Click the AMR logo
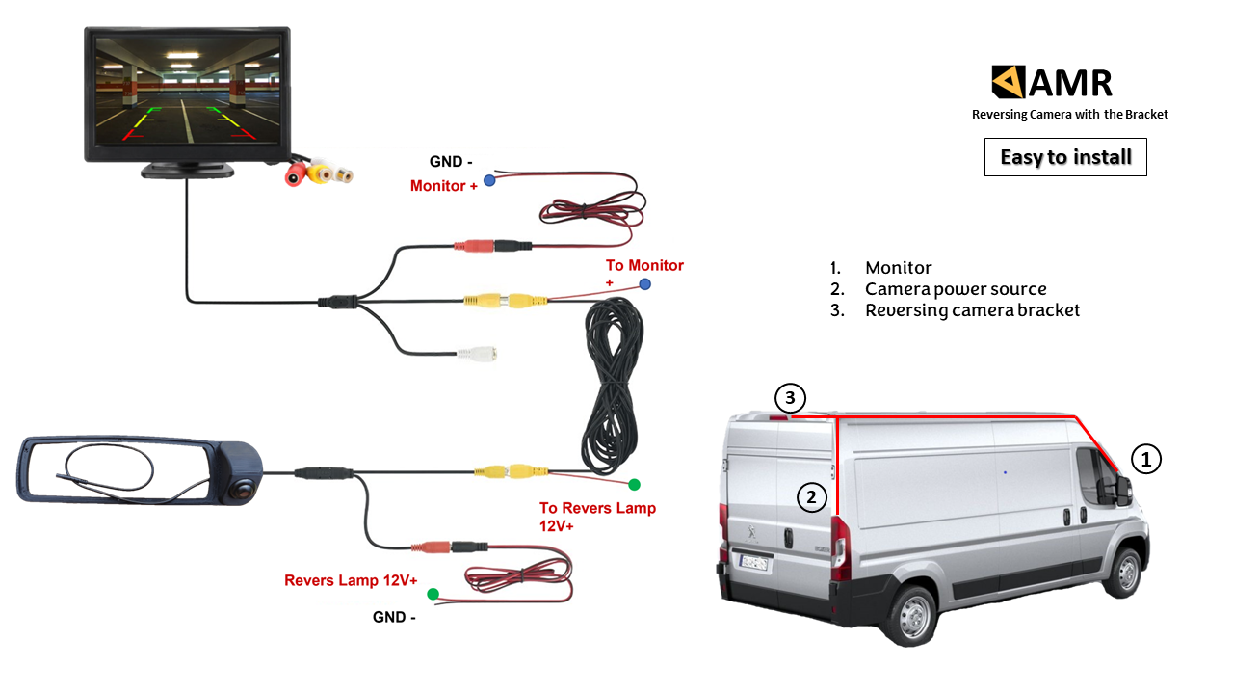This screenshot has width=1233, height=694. pyautogui.click(x=1052, y=82)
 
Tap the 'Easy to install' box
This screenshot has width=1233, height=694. pyautogui.click(x=1065, y=157)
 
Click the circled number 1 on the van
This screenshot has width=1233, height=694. pyautogui.click(x=1146, y=460)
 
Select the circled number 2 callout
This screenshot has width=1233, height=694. pyautogui.click(x=812, y=497)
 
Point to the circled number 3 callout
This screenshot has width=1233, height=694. pyautogui.click(x=790, y=397)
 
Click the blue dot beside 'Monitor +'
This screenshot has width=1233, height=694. pyautogui.click(x=489, y=180)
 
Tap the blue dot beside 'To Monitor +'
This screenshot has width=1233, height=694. pyautogui.click(x=644, y=284)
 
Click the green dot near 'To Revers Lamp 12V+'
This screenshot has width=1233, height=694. pyautogui.click(x=634, y=484)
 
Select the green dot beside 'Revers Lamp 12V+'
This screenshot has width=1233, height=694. pyautogui.click(x=433, y=594)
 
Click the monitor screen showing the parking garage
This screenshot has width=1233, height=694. pyautogui.click(x=187, y=93)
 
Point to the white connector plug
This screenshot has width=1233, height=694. pyautogui.click(x=478, y=354)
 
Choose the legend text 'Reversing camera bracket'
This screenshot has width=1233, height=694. pyautogui.click(x=972, y=310)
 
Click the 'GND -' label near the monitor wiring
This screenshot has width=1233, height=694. pyautogui.click(x=451, y=162)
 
